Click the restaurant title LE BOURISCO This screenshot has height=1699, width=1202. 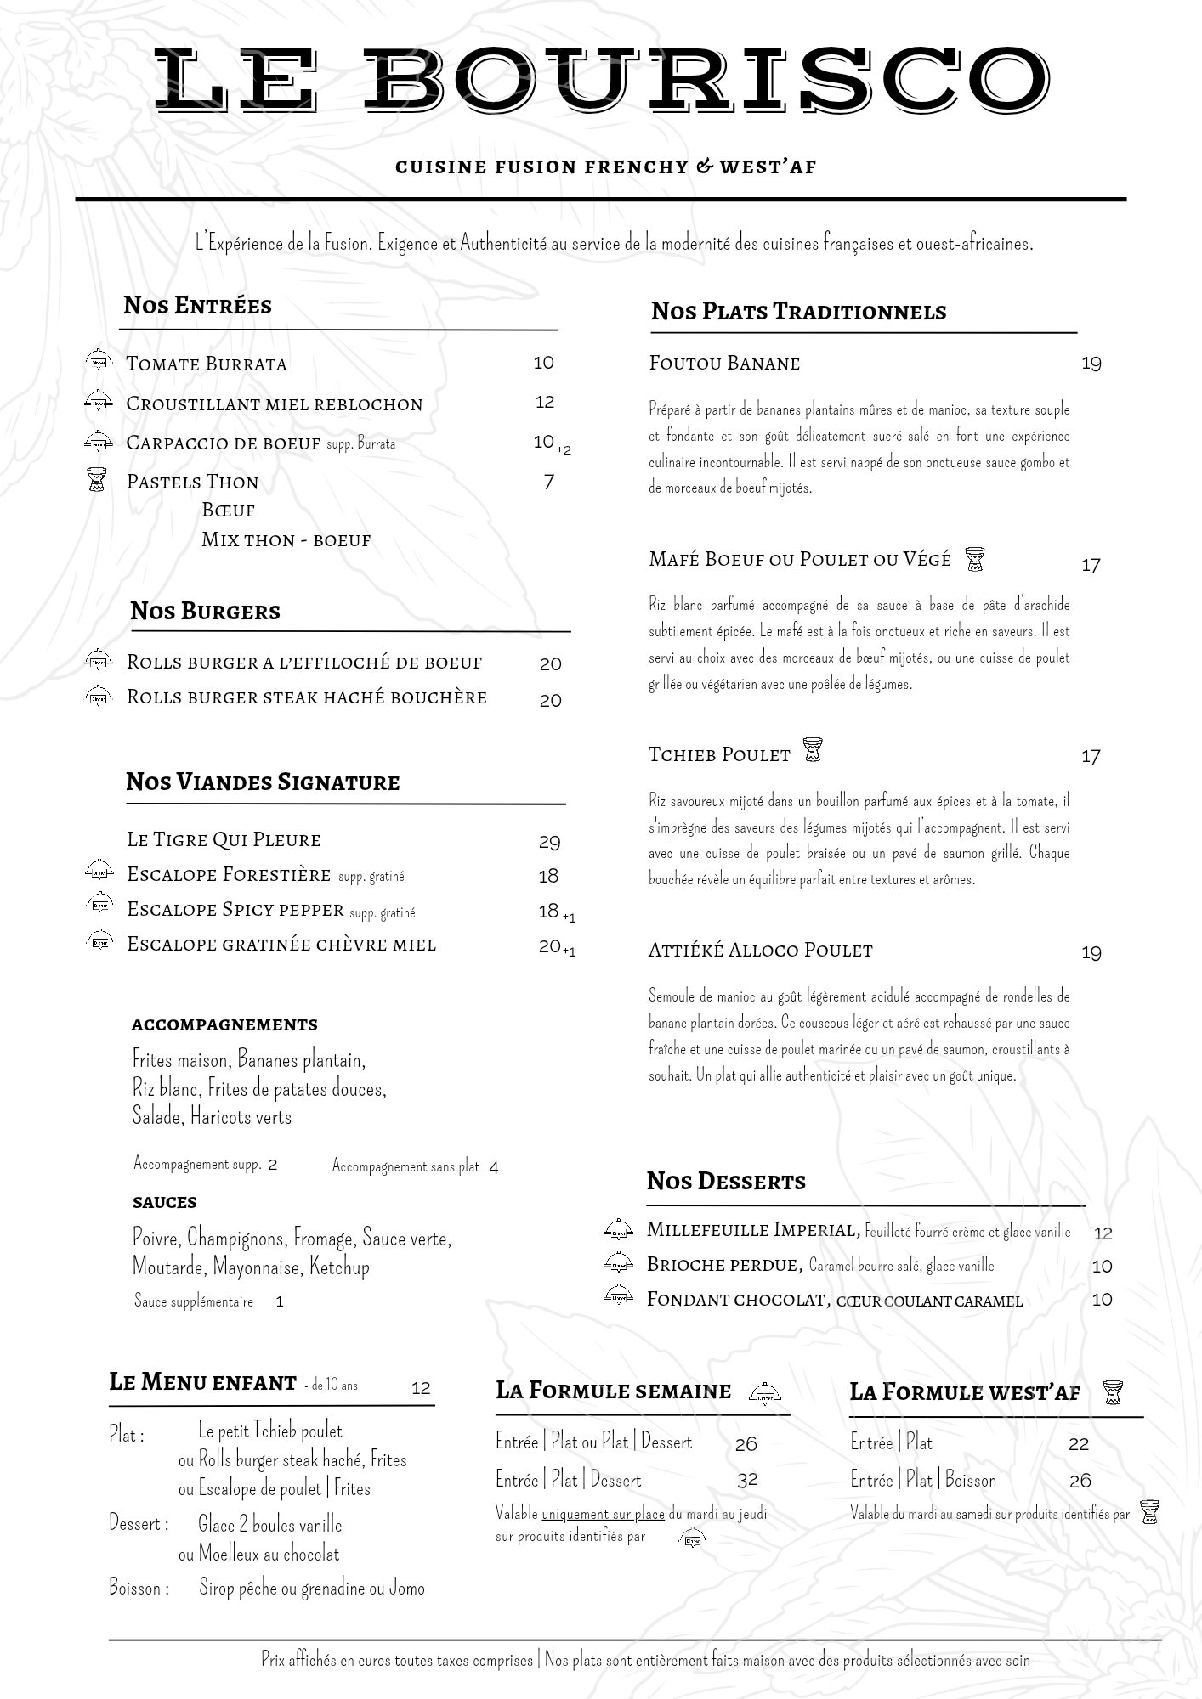pyautogui.click(x=601, y=80)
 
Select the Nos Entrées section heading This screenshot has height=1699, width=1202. pyautogui.click(x=197, y=306)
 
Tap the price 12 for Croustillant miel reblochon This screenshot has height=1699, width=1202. pyautogui.click(x=545, y=402)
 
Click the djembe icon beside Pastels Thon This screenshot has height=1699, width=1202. pyautogui.click(x=98, y=481)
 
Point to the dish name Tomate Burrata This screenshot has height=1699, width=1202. pyautogui.click(x=207, y=364)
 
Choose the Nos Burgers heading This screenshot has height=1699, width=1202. pyautogui.click(x=205, y=612)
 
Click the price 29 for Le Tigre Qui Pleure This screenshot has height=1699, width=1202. pyautogui.click(x=549, y=842)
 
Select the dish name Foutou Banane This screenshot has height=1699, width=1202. pyautogui.click(x=724, y=364)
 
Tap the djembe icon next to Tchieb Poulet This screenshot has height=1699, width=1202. pyautogui.click(x=813, y=750)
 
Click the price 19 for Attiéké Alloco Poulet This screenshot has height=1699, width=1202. pyautogui.click(x=1091, y=953)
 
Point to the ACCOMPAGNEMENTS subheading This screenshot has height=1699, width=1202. pyautogui.click(x=224, y=1025)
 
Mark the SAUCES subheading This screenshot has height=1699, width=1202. pyautogui.click(x=165, y=1203)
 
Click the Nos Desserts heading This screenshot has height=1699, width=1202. pyautogui.click(x=726, y=1182)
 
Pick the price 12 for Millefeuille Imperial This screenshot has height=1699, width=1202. pyautogui.click(x=1103, y=1233)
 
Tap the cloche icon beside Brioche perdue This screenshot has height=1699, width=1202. pyautogui.click(x=619, y=1263)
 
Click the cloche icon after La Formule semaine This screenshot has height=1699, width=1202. pyautogui.click(x=765, y=1393)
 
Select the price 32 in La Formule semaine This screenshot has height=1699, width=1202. pyautogui.click(x=747, y=1480)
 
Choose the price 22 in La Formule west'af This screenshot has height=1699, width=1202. pyautogui.click(x=1079, y=1444)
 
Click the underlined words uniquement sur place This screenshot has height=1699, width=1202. pyautogui.click(x=603, y=1514)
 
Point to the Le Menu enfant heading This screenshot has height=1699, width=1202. pyautogui.click(x=202, y=1383)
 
